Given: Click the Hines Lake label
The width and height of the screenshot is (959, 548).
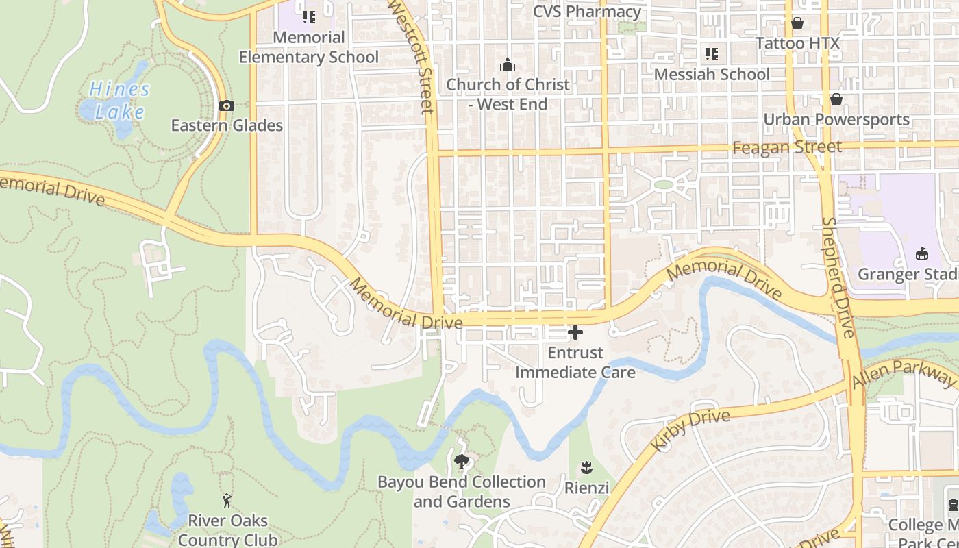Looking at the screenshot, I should (x=119, y=100).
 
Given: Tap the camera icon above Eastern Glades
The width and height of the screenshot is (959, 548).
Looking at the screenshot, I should (x=227, y=106).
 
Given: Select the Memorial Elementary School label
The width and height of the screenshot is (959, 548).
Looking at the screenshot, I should (x=308, y=47).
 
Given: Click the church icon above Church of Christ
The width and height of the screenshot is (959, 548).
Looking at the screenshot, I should (x=508, y=65).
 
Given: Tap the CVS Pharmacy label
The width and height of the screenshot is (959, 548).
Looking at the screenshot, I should (x=587, y=12).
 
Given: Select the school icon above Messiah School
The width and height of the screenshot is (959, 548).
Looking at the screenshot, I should (x=712, y=53).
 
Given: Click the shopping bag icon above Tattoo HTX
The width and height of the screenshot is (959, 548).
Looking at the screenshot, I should (x=797, y=23).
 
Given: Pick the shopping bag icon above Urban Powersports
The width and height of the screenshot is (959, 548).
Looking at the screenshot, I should (x=836, y=99).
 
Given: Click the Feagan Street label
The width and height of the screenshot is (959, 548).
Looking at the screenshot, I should (x=787, y=147).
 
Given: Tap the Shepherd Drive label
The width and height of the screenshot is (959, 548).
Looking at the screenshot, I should (x=838, y=277).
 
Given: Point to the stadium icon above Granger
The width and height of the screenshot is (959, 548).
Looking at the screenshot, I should (x=922, y=253).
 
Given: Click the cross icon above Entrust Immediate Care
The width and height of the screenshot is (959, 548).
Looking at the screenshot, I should (x=575, y=333).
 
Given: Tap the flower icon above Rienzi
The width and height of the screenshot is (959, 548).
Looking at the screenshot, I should (x=586, y=468).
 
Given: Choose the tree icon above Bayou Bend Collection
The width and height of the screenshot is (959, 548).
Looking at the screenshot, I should (x=462, y=461).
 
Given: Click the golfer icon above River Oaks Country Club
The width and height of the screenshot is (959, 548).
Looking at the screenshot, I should (x=227, y=501).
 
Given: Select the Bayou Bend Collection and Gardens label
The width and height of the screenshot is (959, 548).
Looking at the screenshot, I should (x=462, y=492).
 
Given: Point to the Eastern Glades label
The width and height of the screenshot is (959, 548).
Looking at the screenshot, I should (x=227, y=125).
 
